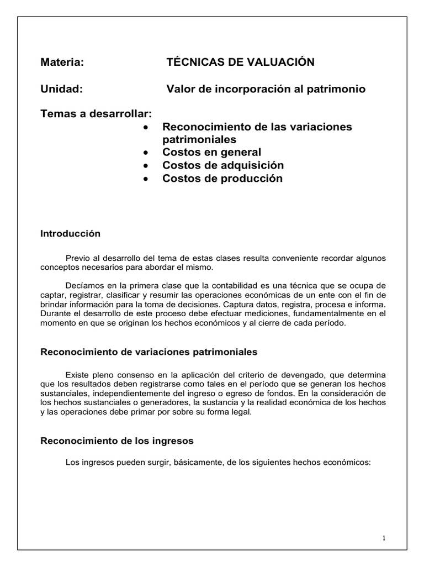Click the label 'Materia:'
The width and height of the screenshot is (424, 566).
[62, 62]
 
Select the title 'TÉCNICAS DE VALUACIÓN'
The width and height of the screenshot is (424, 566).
[240, 62]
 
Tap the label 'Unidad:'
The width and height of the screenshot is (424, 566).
[62, 89]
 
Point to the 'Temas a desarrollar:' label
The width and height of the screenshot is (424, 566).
[96, 114]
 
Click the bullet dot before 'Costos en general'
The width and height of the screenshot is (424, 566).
[145, 153]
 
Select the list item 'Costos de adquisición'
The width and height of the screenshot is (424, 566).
[222, 165]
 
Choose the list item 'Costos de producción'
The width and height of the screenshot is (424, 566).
[222, 179]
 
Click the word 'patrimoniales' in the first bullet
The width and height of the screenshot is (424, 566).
[199, 139]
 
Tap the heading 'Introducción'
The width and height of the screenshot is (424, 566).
[71, 234]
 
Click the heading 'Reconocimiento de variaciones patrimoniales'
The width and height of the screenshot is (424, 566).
[149, 352]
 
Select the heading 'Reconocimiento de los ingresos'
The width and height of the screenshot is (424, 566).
[117, 442]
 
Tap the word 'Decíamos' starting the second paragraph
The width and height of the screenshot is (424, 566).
[82, 286]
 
